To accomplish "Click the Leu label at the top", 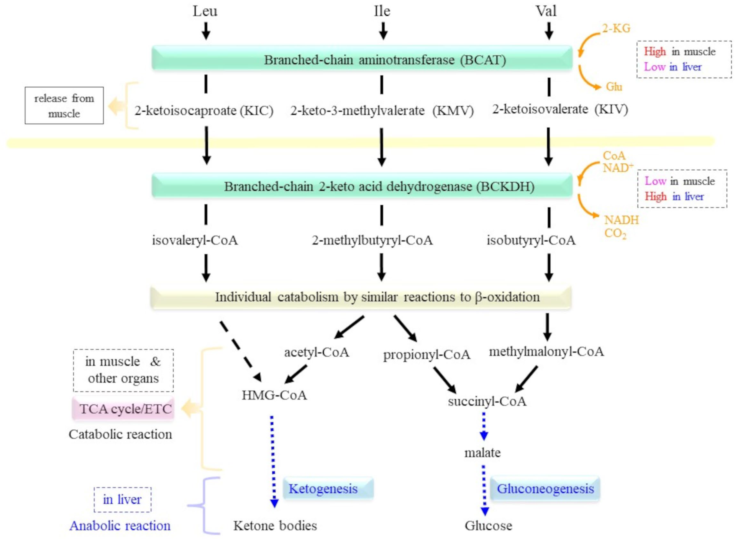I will (205, 11).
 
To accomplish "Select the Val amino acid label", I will (546, 11).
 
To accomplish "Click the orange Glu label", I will (614, 87).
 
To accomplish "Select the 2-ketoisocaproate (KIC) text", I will (204, 111).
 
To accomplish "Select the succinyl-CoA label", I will (487, 401).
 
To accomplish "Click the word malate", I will (482, 453).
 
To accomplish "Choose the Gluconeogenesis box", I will (545, 489).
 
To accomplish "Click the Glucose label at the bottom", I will (488, 526).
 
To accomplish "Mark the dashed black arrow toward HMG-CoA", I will (240, 351).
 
